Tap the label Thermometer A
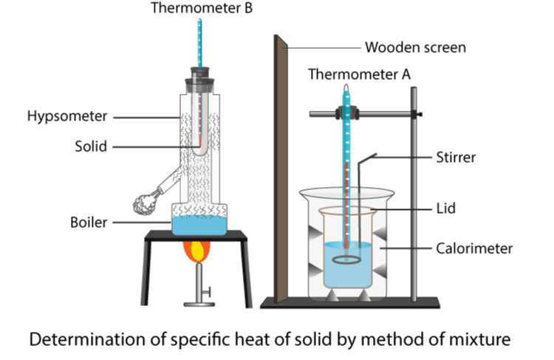pyautogui.click(x=358, y=75)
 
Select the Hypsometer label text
pyautogui.click(x=67, y=116)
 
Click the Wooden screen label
pyautogui.click(x=416, y=48)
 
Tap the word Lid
pyautogui.click(x=445, y=210)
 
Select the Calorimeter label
pyautogui.click(x=473, y=248)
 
